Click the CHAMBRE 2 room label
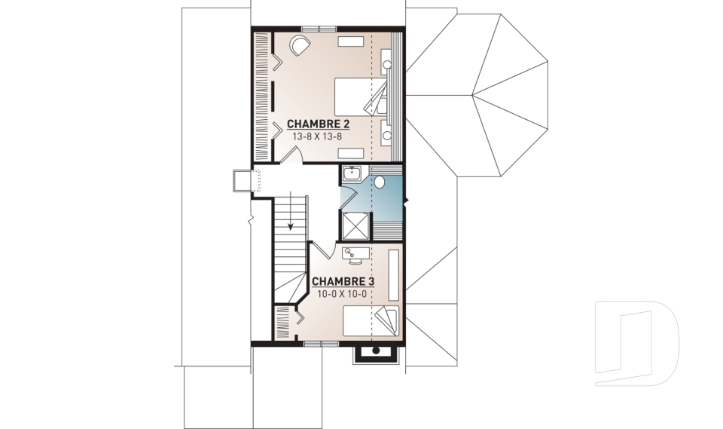318,124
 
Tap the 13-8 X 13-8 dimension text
317,136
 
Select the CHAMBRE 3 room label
343,282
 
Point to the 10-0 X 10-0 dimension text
342,294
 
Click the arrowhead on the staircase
291,226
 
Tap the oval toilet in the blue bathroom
380,182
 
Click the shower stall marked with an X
355,226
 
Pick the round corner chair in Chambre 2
300,47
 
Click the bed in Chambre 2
361,97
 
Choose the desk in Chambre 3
355,253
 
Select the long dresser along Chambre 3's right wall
394,275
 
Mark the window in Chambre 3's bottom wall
321,343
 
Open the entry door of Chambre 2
292,155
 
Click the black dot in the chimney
376,351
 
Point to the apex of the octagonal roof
472,96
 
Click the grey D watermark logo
636,343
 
